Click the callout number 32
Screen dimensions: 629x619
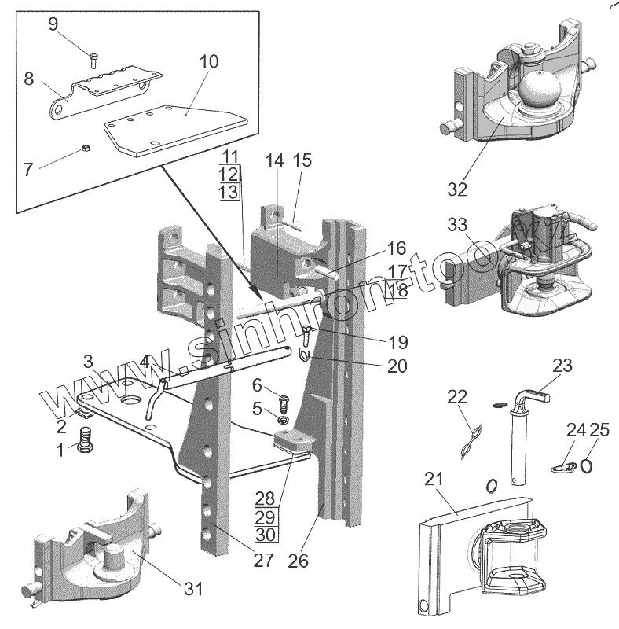click(x=457, y=189)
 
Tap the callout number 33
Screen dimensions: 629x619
click(x=457, y=225)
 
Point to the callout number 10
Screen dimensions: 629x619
click(x=209, y=61)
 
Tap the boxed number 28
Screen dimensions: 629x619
click(x=266, y=497)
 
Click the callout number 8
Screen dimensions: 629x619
click(x=29, y=79)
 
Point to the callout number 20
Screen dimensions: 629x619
click(x=397, y=365)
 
